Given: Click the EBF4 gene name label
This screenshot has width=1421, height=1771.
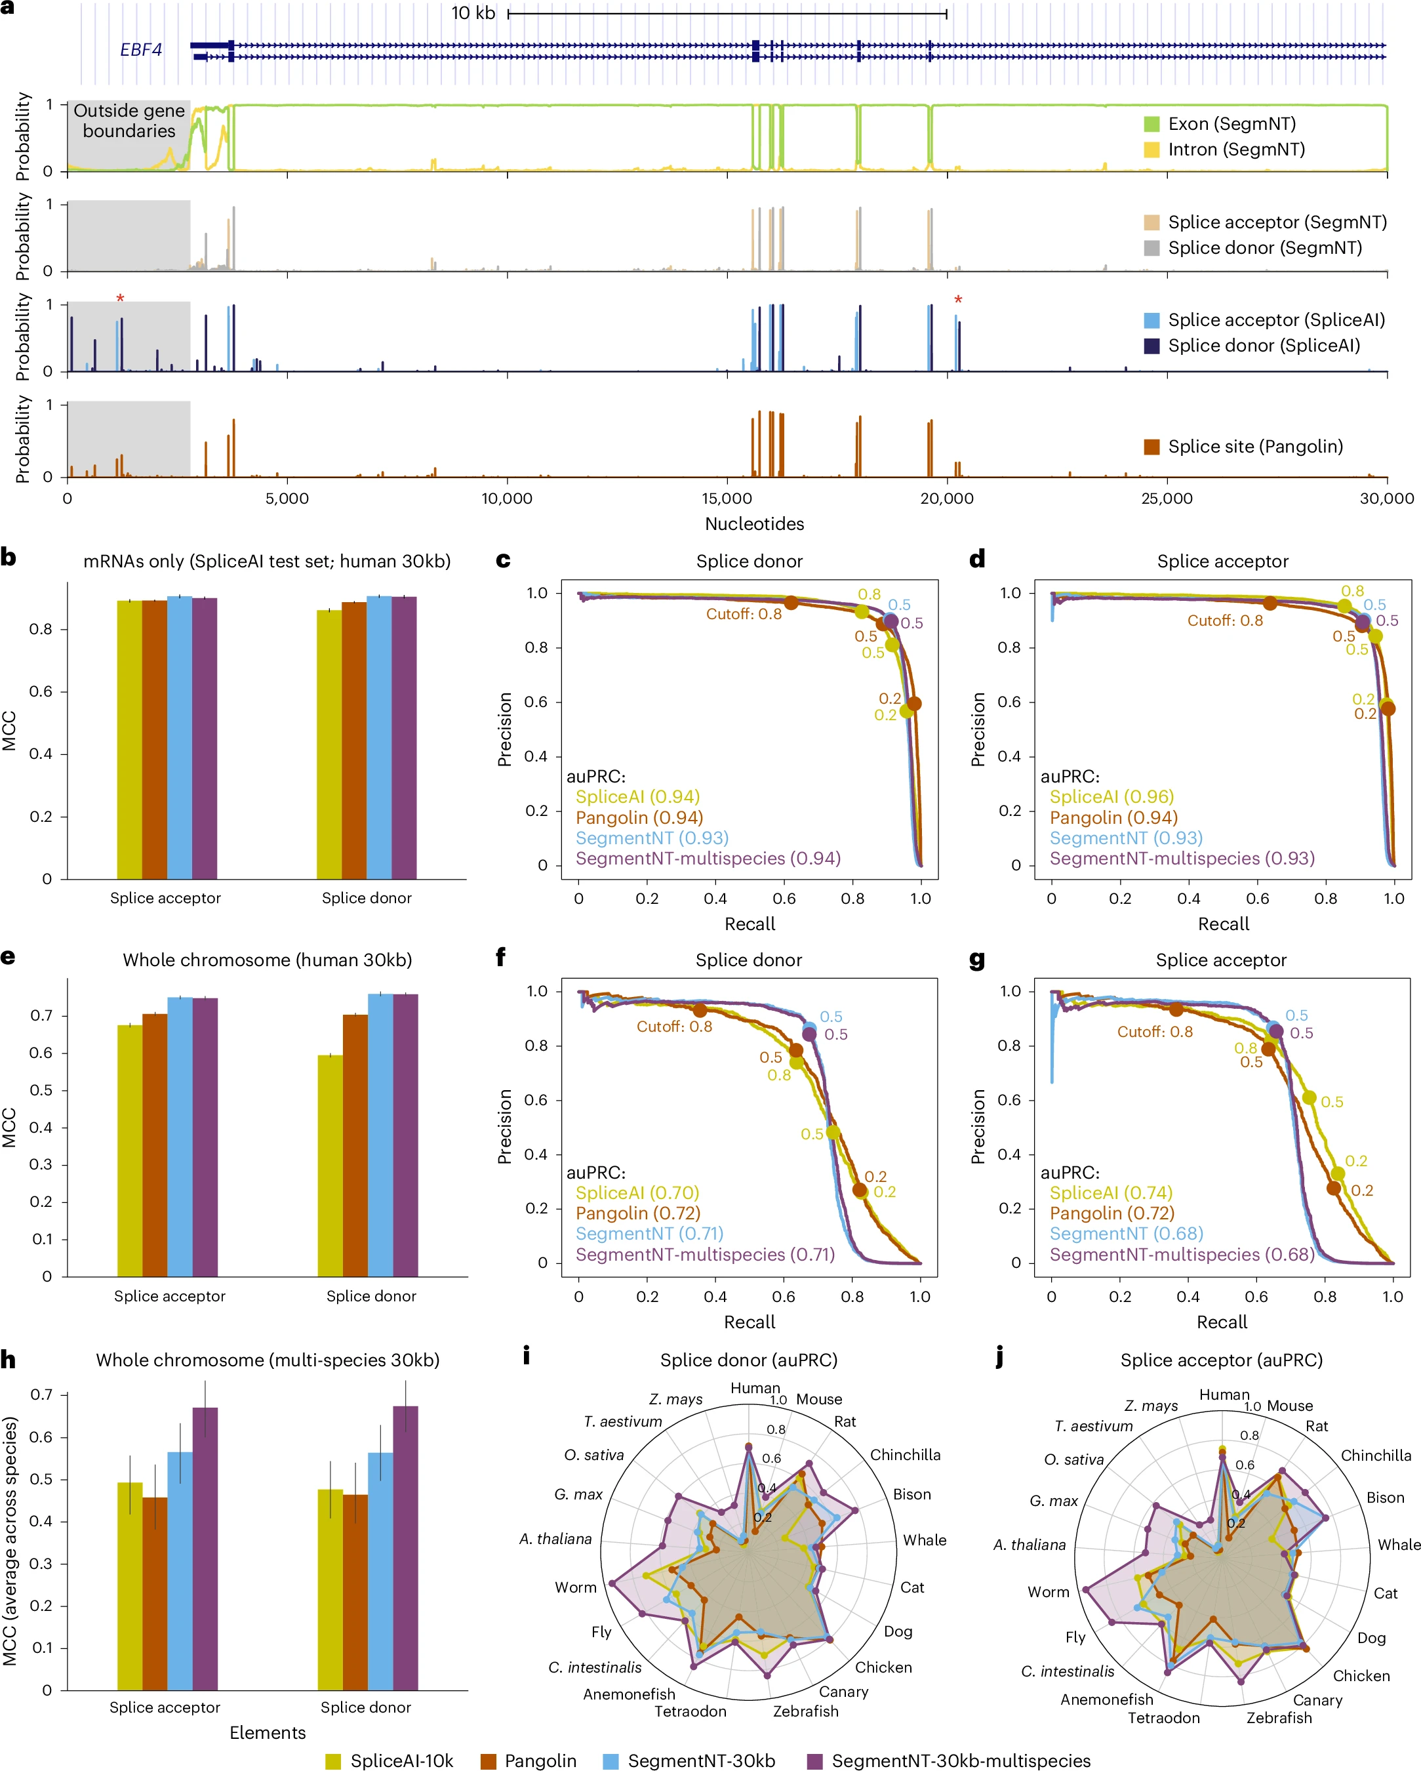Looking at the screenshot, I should [140, 50].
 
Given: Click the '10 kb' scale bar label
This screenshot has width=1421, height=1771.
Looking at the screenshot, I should [473, 13].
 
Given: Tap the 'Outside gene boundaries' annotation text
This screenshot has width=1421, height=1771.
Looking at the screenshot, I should [129, 121].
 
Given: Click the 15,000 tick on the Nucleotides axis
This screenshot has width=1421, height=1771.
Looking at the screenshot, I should [727, 499].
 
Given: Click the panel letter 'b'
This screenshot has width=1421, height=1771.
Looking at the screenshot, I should [9, 558].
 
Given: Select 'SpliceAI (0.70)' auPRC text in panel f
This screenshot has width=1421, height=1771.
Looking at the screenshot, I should [637, 1192].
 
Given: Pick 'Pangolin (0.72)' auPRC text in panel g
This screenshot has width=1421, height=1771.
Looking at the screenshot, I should [1111, 1213].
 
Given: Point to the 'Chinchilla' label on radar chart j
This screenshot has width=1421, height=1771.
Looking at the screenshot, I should [1376, 1455].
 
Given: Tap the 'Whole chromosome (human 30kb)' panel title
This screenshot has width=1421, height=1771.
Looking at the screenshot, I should [267, 960].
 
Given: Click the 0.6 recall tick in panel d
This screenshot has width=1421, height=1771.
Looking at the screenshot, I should [1258, 899].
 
